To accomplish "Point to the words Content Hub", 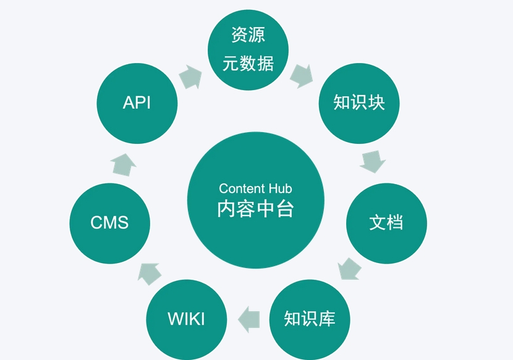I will [255, 188].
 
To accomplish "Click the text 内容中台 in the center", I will [255, 209].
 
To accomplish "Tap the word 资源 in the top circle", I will [248, 35].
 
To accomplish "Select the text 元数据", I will [248, 64].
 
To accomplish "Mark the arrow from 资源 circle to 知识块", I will [301, 75].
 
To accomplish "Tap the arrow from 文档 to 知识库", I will [350, 269].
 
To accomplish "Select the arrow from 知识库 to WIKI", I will [249, 317].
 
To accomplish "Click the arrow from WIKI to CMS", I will [149, 272].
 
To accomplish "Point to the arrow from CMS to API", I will [124, 164].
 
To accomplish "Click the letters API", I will [137, 103].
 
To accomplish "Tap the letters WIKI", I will [186, 319].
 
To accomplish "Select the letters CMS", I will [109, 222].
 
